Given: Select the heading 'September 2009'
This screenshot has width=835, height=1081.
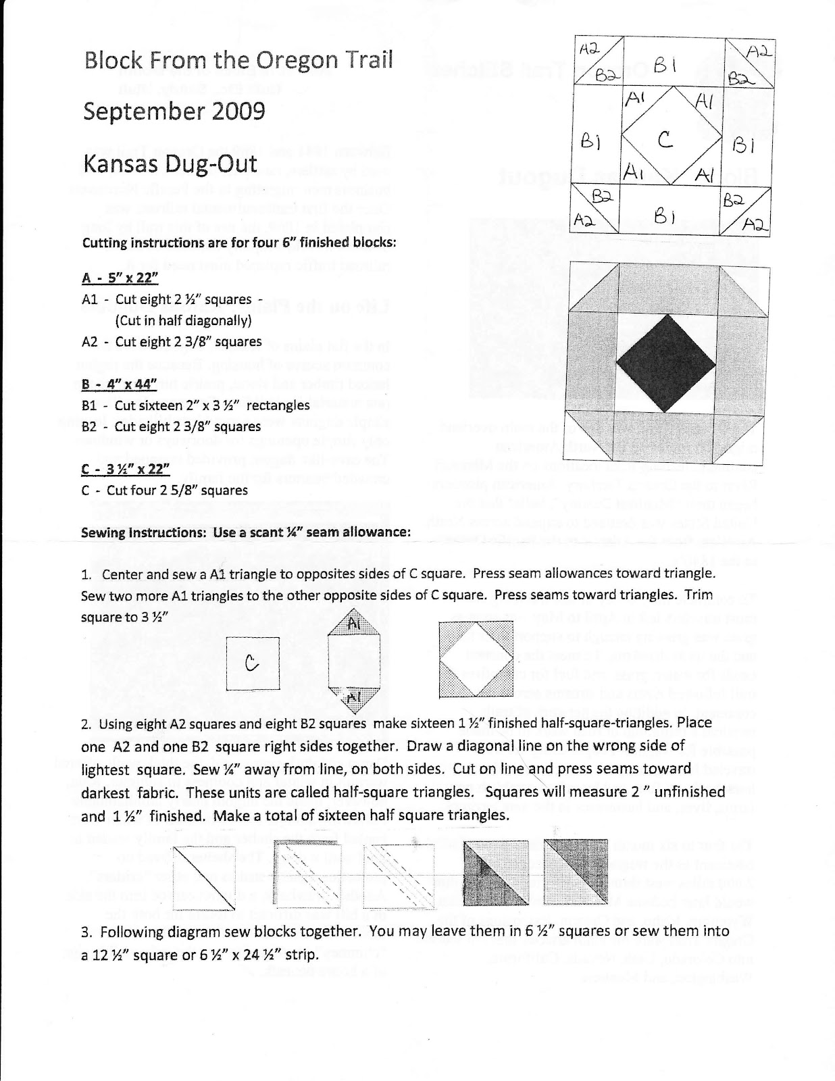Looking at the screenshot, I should (x=174, y=110).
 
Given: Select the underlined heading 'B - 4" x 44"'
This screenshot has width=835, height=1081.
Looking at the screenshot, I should (x=119, y=383).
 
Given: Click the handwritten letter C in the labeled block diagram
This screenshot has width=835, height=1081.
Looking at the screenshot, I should (x=665, y=140).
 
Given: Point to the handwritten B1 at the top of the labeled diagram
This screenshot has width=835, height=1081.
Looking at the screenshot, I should (x=661, y=66).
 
